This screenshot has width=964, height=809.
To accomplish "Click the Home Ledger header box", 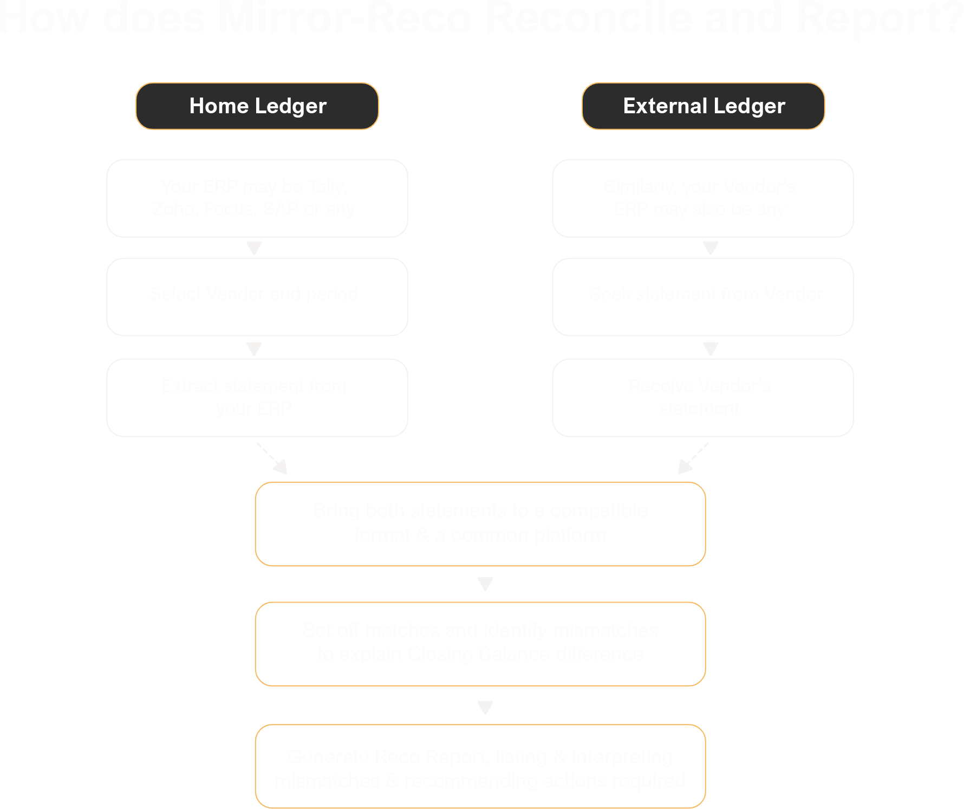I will (x=257, y=106).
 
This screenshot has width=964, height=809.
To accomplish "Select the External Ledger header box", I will (x=703, y=106).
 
